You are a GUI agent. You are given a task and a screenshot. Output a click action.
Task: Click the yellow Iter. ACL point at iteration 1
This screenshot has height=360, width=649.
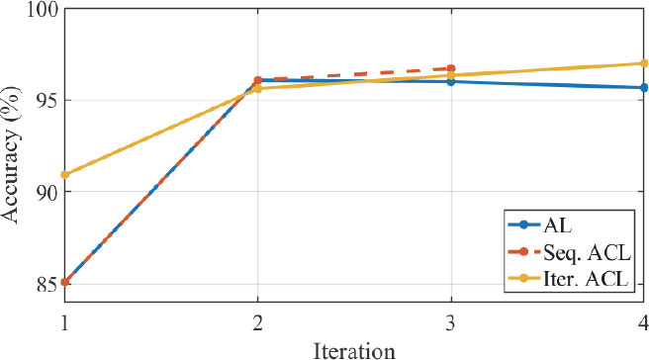coord(65,175)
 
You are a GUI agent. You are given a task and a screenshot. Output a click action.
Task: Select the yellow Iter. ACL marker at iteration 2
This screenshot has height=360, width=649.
coord(258,89)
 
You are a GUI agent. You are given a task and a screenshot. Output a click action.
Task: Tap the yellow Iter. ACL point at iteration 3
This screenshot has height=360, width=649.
coord(451,75)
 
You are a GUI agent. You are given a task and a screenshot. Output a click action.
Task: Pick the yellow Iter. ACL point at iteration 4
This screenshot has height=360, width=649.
coord(643,63)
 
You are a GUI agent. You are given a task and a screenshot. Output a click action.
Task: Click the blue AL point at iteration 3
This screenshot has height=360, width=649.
coord(451,81)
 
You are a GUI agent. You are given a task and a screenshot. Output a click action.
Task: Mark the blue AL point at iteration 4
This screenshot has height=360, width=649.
coord(643,87)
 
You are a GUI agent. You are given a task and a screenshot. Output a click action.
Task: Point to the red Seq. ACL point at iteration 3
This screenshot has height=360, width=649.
coord(451,68)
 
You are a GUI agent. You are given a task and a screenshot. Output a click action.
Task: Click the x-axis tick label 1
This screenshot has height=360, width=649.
coord(65,321)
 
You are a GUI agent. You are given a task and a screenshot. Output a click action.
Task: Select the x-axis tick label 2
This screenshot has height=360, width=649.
coord(258,321)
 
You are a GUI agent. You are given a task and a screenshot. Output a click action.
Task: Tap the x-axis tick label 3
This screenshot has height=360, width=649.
coord(451,321)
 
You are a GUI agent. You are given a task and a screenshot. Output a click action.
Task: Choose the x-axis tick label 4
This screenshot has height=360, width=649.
coord(643,321)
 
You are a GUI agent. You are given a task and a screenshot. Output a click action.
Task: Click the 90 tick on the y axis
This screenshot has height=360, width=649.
coord(46,191)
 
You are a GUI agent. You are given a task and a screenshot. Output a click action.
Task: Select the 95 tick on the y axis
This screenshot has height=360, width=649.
coord(46,100)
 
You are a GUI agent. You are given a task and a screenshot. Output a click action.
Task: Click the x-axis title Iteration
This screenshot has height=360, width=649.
coord(353,348)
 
